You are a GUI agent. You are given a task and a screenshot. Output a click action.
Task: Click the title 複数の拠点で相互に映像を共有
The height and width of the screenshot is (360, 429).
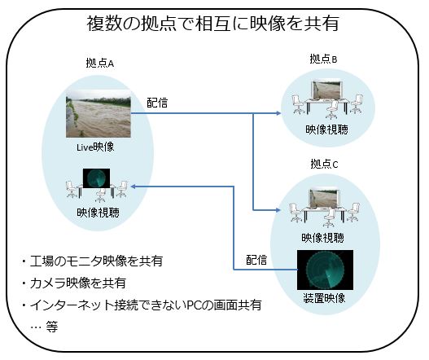coord(212,23)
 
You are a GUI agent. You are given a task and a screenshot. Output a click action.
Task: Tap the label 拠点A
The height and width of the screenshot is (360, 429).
coord(100,63)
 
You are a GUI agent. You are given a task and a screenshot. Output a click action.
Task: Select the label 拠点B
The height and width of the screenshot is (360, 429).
coord(323,59)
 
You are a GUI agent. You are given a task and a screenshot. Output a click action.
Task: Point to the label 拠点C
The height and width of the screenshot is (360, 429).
coord(324,164)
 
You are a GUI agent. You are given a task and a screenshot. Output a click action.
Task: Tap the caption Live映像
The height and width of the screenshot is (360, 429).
coord(95,147)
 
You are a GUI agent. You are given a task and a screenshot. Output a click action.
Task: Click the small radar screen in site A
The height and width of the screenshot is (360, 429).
coord(96,178)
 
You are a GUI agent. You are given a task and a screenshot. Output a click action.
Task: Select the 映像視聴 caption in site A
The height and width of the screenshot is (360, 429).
coord(98,213)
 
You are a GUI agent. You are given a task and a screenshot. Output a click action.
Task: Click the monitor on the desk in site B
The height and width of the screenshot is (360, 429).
coord(326,90)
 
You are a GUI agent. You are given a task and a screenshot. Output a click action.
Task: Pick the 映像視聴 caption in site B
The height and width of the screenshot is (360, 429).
coord(326,130)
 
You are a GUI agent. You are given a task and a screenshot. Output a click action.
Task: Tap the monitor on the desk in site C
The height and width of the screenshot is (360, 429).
coord(325,199)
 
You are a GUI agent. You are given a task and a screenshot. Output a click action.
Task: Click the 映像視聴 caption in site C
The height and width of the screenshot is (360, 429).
coord(323,238)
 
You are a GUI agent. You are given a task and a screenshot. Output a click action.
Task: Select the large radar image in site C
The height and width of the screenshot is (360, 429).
coord(325,270)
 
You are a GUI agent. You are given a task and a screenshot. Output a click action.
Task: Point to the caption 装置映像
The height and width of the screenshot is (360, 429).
coord(324,298)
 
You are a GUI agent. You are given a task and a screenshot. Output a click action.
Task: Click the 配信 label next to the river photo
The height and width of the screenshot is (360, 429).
coord(157,103)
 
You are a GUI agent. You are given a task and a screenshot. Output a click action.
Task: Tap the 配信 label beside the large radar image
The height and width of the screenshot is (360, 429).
coord(256,260)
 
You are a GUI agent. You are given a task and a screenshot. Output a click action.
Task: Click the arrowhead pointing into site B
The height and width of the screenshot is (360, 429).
coord(278,113)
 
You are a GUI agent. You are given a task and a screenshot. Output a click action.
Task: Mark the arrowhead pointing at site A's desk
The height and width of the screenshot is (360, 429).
coord(134,187)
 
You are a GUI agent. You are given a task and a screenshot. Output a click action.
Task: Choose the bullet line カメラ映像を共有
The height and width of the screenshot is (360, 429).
coord(74,283)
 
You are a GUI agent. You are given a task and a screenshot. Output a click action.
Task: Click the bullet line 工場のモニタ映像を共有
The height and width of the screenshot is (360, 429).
coord(93,261)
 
